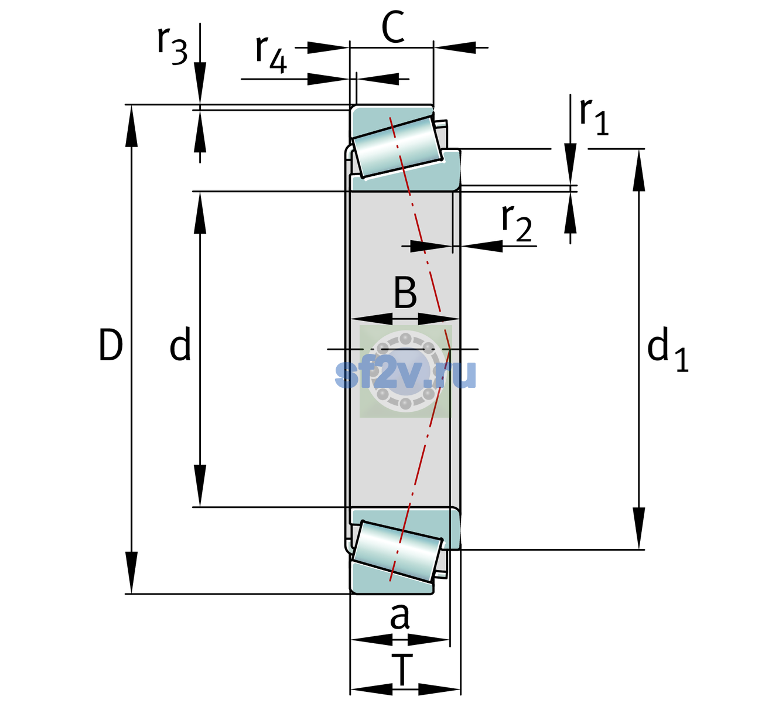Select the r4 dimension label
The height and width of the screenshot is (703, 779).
[x=271, y=54]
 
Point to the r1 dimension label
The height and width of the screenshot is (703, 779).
[x=594, y=117]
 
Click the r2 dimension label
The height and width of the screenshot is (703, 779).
[x=517, y=223]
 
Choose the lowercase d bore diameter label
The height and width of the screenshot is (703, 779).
[x=180, y=344]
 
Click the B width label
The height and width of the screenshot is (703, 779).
[x=405, y=293]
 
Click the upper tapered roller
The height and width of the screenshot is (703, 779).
[x=397, y=147]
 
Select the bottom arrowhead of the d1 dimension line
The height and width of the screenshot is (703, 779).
[x=639, y=528]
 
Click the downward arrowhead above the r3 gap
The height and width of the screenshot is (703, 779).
[x=200, y=84]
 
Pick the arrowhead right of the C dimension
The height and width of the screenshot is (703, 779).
[x=455, y=47]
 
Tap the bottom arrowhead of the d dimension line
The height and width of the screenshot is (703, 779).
[x=200, y=486]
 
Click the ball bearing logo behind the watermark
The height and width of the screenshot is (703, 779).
[x=406, y=371]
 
